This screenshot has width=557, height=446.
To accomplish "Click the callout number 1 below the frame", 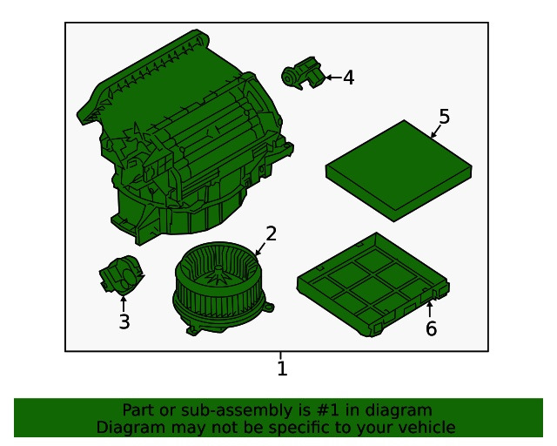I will point(281,369).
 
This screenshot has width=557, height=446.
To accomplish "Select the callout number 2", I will point(272,233).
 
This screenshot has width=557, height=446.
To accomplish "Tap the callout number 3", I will point(124,322).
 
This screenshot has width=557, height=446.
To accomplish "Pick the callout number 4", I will point(348,78).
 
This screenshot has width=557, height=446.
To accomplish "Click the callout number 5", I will point(444,117).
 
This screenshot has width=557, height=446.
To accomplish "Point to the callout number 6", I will point(431,328).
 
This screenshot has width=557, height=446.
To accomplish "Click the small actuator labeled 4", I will point(301,73).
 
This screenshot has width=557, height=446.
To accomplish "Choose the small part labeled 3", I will point(119,276).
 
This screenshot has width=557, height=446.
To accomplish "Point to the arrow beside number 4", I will point(332,78).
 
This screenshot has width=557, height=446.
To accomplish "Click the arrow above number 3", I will point(124,303).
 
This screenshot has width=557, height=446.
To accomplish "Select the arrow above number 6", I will point(430,308).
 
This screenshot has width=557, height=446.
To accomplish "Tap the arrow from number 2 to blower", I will point(260,248).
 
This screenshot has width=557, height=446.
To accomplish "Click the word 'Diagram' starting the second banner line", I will point(129,427).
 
